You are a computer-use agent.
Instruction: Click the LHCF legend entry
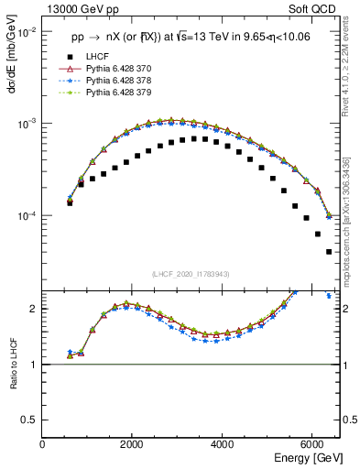[x=96, y=57]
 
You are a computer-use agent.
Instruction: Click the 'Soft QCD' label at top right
[x=316, y=9]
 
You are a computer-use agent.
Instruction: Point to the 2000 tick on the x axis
[x=132, y=444]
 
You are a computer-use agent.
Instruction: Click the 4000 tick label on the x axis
[x=222, y=444]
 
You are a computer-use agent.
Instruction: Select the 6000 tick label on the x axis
[x=311, y=444]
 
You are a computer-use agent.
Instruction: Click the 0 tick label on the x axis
[x=43, y=444]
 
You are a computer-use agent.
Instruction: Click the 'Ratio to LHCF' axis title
[x=13, y=364]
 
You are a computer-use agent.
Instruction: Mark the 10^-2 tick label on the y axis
[x=26, y=31]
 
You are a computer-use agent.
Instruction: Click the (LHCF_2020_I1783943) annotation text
[x=190, y=274]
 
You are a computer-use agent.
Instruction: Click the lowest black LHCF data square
[x=328, y=252]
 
